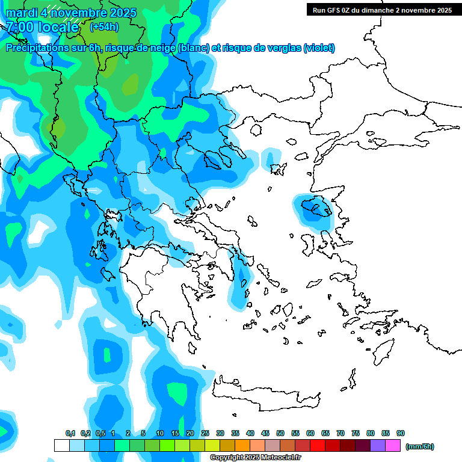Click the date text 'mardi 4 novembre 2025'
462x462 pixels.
[x=71, y=13]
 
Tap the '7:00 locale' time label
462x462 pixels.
[x=42, y=27]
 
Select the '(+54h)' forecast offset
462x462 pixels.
[x=104, y=27]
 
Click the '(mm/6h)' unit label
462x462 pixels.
[x=419, y=446]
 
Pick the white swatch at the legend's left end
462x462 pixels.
[x=61, y=446]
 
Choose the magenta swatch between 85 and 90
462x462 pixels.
[x=393, y=446]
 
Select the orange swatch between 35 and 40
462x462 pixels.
[x=242, y=446]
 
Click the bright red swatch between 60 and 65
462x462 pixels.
[x=318, y=446]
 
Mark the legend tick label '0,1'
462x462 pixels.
[x=70, y=433]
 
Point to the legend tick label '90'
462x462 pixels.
[x=401, y=433]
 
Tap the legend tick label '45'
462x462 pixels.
[x=265, y=433]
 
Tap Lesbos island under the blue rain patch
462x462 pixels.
[x=316, y=208]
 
